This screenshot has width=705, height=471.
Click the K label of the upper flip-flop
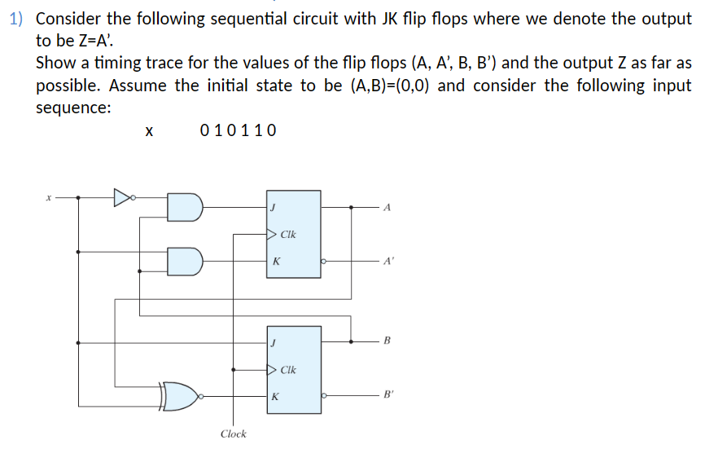pyautogui.click(x=276, y=262)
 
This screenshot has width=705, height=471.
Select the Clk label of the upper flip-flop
pyautogui.click(x=287, y=235)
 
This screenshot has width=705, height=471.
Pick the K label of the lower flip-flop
pyautogui.click(x=276, y=397)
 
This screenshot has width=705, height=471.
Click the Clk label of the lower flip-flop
pyautogui.click(x=287, y=370)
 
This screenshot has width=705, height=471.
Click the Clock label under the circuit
pyautogui.click(x=234, y=434)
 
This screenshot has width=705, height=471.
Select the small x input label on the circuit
pyautogui.click(x=49, y=197)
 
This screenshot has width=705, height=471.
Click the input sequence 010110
pyautogui.click(x=238, y=130)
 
